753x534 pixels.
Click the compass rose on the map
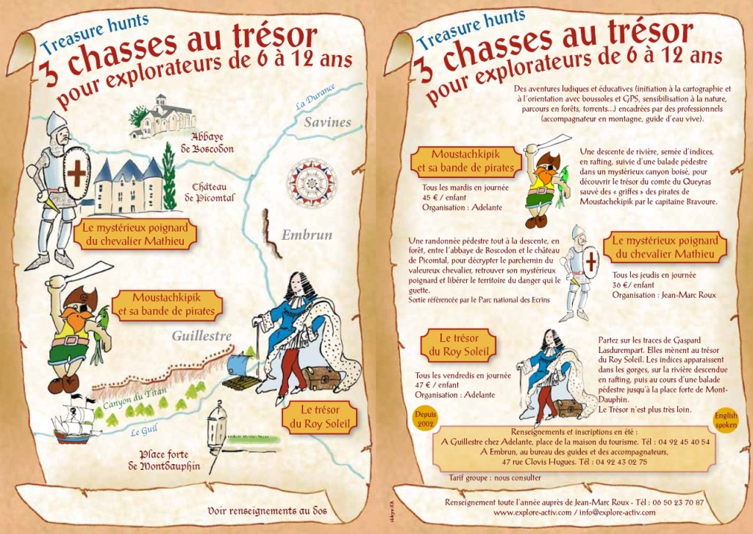[x=311, y=183]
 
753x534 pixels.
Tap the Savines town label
[x=328, y=122]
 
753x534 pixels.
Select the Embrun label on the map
[x=307, y=235]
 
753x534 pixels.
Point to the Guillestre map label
[x=202, y=336]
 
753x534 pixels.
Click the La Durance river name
[x=315, y=96]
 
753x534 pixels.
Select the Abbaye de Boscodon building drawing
[x=163, y=115]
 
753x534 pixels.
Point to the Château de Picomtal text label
[x=213, y=192]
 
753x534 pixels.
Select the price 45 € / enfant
[x=438, y=197]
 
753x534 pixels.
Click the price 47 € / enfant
[x=440, y=385]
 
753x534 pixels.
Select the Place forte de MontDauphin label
[x=165, y=460]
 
